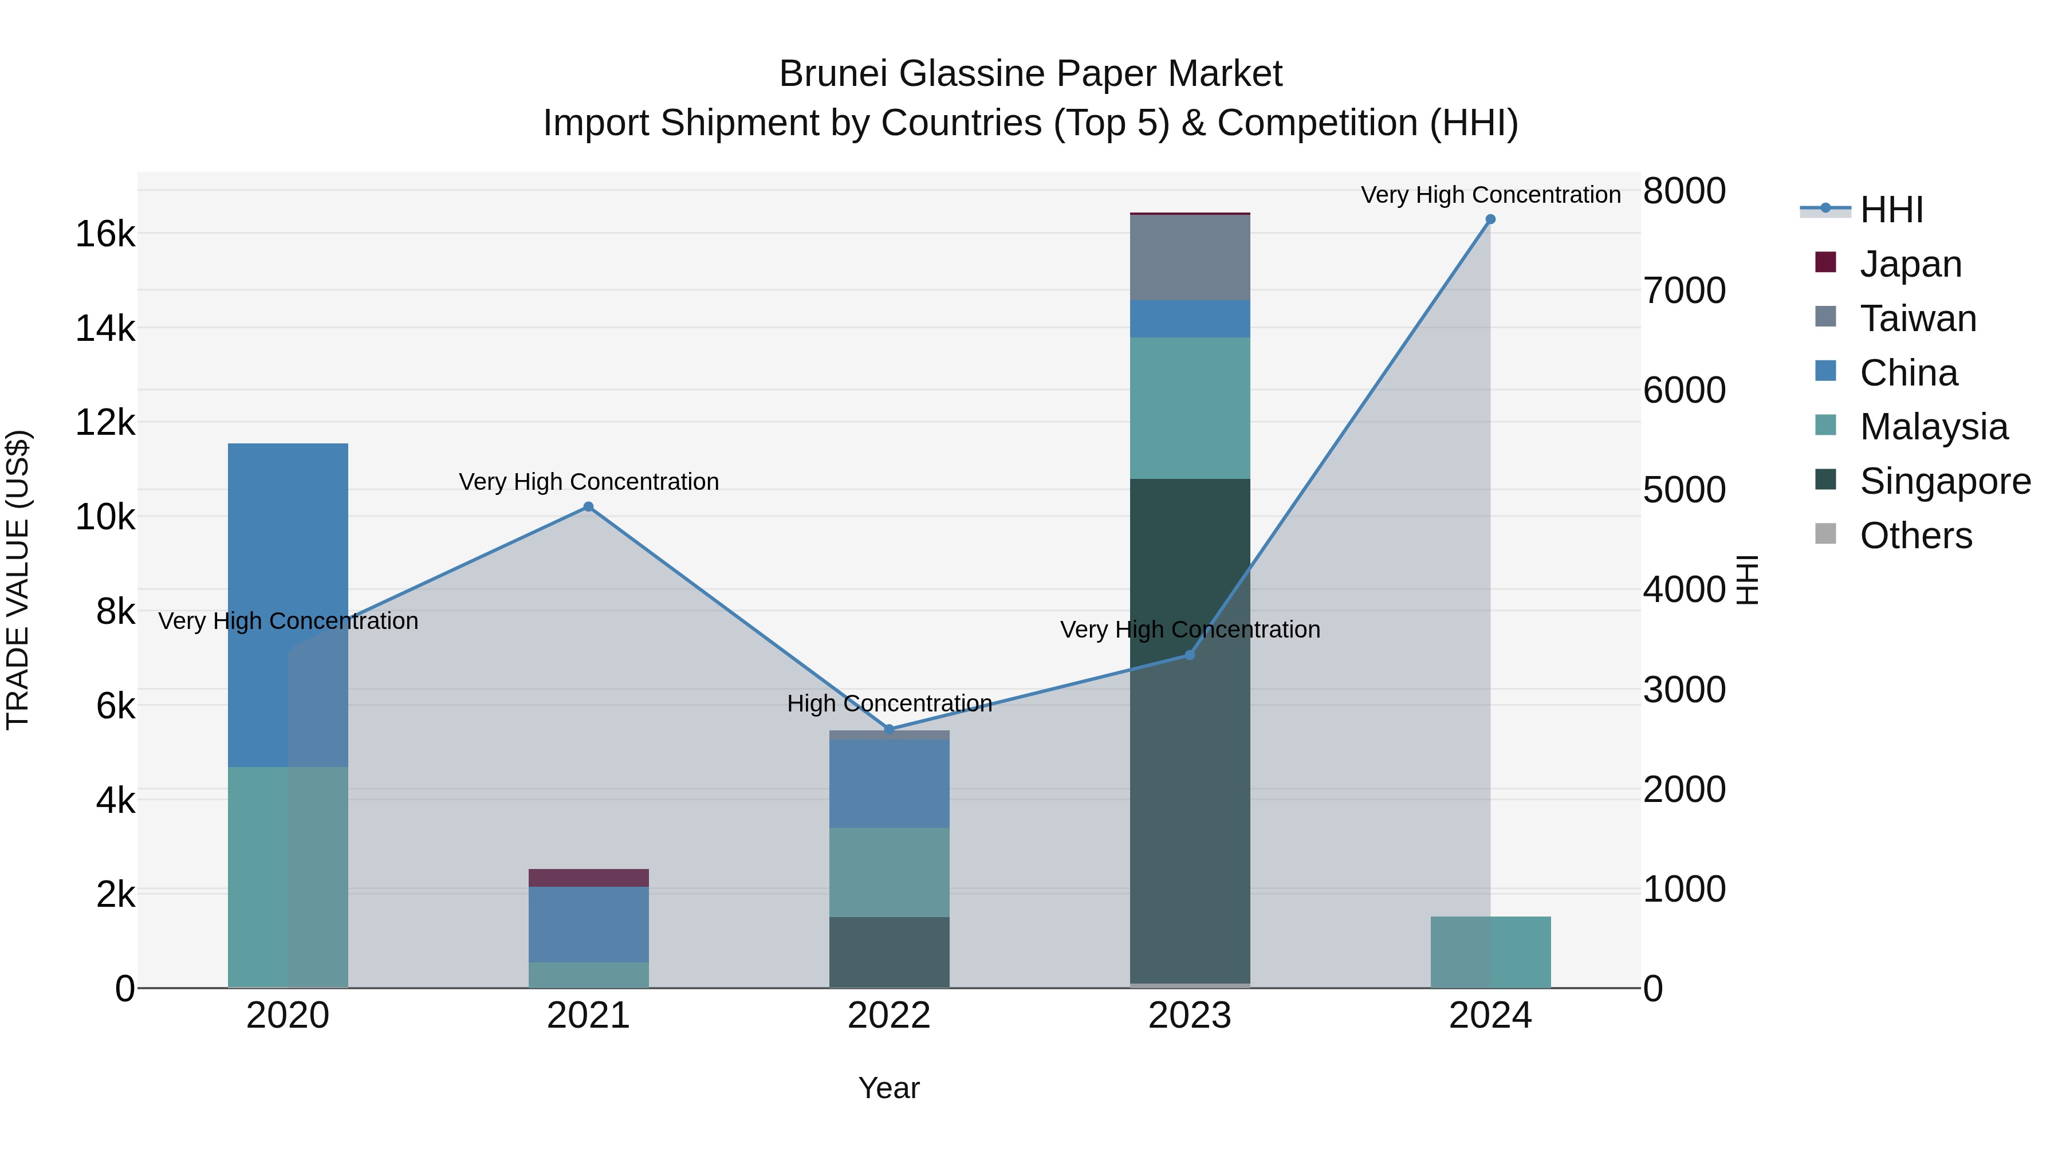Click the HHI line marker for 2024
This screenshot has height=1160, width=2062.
coord(1490,219)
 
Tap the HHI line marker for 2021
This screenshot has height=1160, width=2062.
coord(588,507)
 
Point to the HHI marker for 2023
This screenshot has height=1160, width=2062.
coord(1190,655)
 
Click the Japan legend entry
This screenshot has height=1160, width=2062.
coord(1910,264)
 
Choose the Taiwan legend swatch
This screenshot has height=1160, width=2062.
coord(1826,317)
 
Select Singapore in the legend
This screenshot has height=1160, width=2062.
coord(1945,481)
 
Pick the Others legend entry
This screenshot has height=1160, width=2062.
coord(1915,536)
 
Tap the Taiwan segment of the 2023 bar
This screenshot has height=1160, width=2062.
coord(1190,258)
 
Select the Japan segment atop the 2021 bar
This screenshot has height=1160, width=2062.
coord(588,878)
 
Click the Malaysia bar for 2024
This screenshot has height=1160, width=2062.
coord(1490,952)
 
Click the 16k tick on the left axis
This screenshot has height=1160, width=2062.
coord(105,234)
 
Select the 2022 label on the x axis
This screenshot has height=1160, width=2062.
coord(888,1016)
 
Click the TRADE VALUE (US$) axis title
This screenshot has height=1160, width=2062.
coord(18,580)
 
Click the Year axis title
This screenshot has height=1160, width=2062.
coord(888,1088)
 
